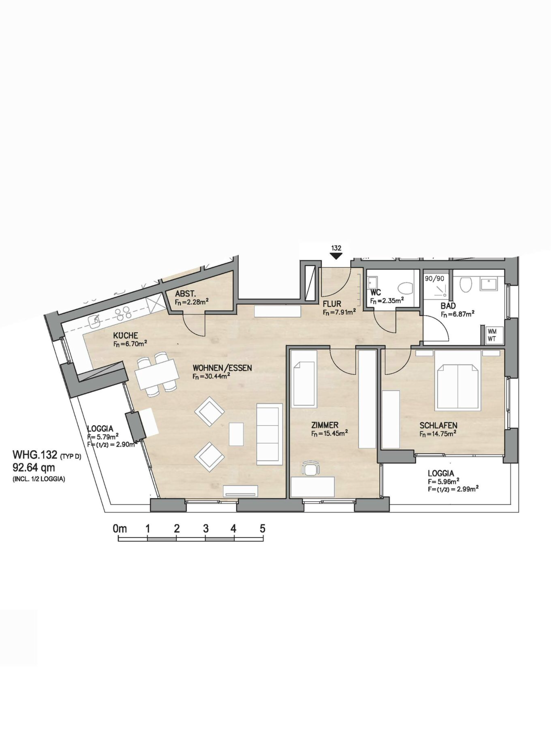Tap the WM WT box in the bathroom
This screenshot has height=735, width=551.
click(x=493, y=335)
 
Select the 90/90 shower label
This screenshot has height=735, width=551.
click(x=434, y=279)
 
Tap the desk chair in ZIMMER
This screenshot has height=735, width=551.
click(x=311, y=468)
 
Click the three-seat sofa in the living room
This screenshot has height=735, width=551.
click(x=269, y=434)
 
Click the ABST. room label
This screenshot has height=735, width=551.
click(x=185, y=294)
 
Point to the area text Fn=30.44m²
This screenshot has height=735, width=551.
click(x=211, y=376)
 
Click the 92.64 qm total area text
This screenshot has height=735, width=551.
click(x=34, y=468)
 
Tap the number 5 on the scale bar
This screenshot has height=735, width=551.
click(x=263, y=528)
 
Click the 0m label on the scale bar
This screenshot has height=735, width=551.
click(x=120, y=528)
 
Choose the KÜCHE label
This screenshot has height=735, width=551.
click(x=126, y=336)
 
